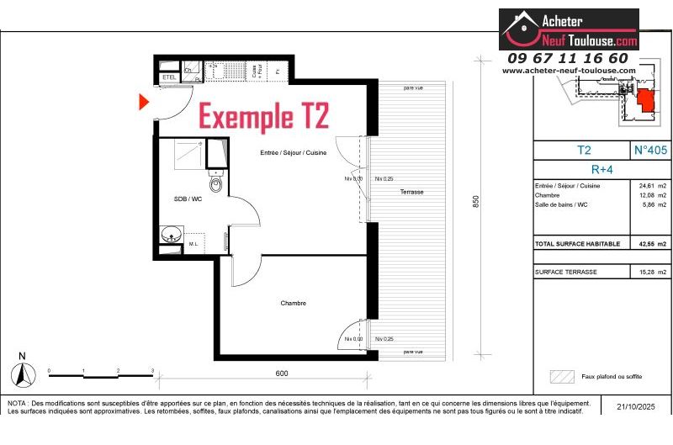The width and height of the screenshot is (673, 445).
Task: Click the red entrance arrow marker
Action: pyautogui.click(x=144, y=102)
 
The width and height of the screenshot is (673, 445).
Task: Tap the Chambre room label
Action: pyautogui.click(x=294, y=303)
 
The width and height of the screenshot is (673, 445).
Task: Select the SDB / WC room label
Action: pyautogui.click(x=187, y=199)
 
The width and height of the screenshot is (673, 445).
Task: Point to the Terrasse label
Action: pyautogui.click(x=411, y=192)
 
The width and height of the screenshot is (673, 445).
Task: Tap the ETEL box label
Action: pyautogui.click(x=168, y=78)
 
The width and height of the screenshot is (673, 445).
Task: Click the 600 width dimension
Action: pyautogui.click(x=281, y=373)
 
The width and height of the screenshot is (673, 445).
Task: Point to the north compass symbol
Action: pyautogui.click(x=24, y=371)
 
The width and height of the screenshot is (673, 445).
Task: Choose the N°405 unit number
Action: pyautogui.click(x=649, y=151)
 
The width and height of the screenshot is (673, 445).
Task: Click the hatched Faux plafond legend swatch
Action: pyautogui.click(x=560, y=376)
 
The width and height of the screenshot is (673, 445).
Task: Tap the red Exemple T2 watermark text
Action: pyautogui.click(x=262, y=116)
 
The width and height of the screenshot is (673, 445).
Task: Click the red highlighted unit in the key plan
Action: pyautogui.click(x=646, y=100)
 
